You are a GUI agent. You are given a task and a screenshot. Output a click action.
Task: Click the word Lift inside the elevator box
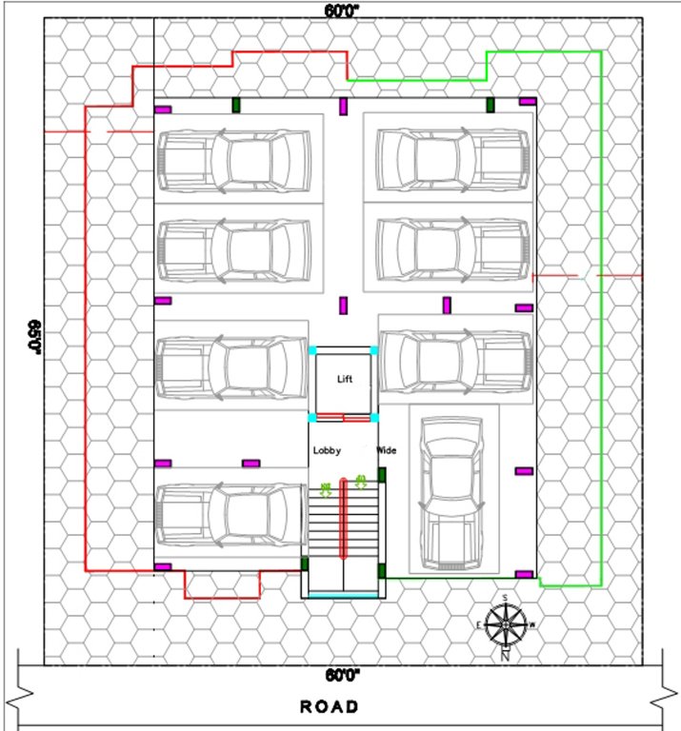coord(345,379)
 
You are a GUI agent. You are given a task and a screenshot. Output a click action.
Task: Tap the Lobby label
coord(327,450)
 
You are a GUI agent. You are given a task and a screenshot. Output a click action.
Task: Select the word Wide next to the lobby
coord(387,449)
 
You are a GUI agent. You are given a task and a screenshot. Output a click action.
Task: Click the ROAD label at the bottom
coord(330,707)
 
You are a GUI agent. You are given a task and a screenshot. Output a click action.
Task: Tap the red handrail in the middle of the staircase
coord(343,519)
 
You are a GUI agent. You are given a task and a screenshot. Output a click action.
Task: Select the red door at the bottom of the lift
coord(342,416)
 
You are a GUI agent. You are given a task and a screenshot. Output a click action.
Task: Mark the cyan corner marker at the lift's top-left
coord(311,351)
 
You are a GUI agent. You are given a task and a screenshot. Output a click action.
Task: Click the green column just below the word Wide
coord(382,474)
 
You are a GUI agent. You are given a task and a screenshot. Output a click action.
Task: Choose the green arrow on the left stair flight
coord(326,490)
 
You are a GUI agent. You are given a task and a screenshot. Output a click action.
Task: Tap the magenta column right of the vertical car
coord(523,471)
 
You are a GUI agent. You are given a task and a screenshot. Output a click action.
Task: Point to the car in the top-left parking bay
coord(233,159)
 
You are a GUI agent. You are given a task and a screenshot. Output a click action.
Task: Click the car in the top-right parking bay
coord(452,159)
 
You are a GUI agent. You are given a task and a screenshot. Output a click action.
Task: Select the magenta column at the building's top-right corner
coord(527,101)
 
